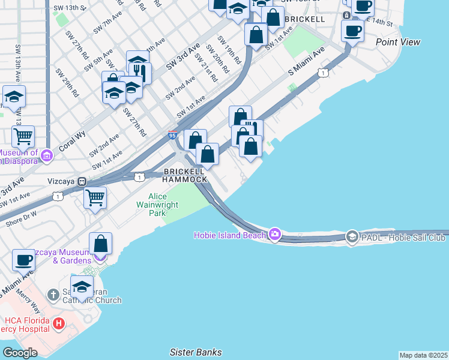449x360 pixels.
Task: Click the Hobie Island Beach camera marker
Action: [275, 235]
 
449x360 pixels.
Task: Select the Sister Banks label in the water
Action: [196, 352]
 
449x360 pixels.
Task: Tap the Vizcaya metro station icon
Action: [82, 181]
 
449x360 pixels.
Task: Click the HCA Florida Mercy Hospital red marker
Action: [59, 325]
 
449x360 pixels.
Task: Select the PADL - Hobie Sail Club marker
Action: [352, 238]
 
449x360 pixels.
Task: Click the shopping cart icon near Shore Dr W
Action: [95, 197]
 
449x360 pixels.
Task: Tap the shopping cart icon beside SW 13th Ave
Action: [23, 136]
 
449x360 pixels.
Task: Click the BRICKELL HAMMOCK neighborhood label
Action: [185, 175]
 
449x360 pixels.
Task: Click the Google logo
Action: [20, 352]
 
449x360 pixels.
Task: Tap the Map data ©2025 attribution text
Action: [423, 355]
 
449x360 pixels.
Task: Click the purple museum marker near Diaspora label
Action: [47, 156]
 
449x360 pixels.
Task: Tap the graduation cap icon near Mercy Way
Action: [82, 286]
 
